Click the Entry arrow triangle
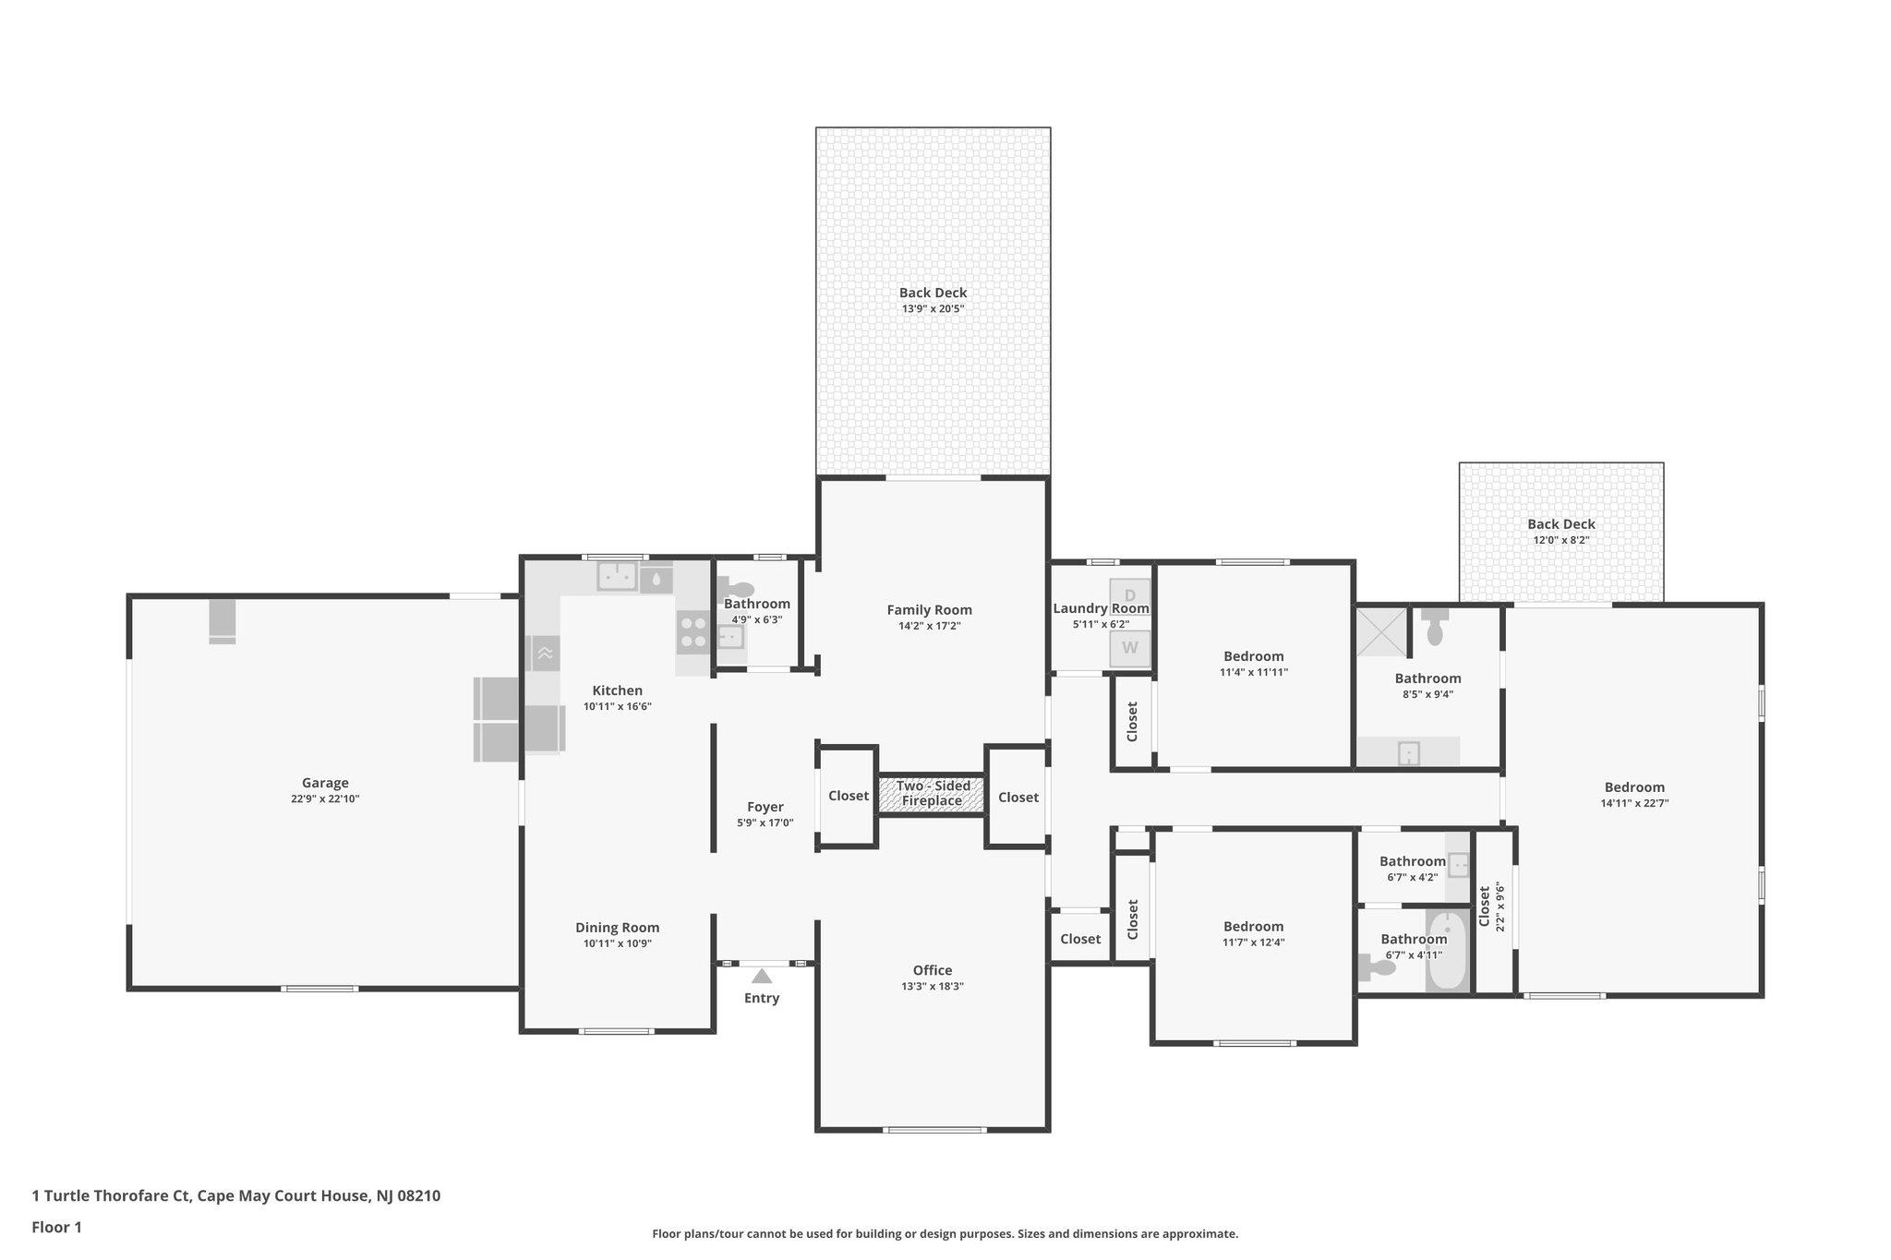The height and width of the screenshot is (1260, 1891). [761, 976]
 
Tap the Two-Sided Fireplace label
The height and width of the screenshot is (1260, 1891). [933, 794]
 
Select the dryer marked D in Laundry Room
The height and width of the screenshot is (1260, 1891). [1129, 596]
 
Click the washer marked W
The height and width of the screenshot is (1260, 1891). [1129, 648]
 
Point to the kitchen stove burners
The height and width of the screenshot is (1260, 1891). [693, 631]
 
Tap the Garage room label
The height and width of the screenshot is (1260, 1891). [325, 783]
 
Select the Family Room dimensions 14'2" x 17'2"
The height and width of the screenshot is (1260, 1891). [930, 626]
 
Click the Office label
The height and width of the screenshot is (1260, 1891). [933, 970]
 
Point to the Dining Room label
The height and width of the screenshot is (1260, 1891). [618, 928]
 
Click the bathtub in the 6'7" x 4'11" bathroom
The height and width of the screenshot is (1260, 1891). [1447, 951]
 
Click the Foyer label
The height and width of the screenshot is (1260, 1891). [765, 807]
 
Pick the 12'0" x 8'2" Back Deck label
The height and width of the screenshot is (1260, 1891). [1561, 524]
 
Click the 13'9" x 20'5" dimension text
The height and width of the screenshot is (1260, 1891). [933, 309]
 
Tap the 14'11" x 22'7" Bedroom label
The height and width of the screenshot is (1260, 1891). [1634, 787]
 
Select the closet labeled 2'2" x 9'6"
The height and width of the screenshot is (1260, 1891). [1493, 909]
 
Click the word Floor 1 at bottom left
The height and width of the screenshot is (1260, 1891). [57, 1228]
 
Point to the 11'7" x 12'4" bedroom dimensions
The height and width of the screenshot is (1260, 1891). [1254, 942]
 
